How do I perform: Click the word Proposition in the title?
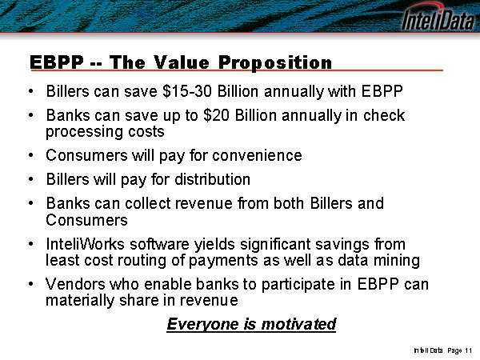(275, 62)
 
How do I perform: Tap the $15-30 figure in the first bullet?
(187, 91)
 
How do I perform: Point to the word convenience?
(257, 155)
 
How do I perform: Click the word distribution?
(213, 179)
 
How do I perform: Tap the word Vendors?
(75, 284)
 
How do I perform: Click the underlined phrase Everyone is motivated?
(251, 324)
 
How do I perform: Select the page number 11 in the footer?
(468, 350)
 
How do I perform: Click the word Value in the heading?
(182, 62)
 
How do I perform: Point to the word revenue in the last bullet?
(209, 300)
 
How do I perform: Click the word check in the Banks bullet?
(384, 115)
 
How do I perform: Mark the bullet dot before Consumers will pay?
(30, 155)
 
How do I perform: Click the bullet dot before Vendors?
(30, 284)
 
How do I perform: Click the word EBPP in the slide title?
(57, 62)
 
